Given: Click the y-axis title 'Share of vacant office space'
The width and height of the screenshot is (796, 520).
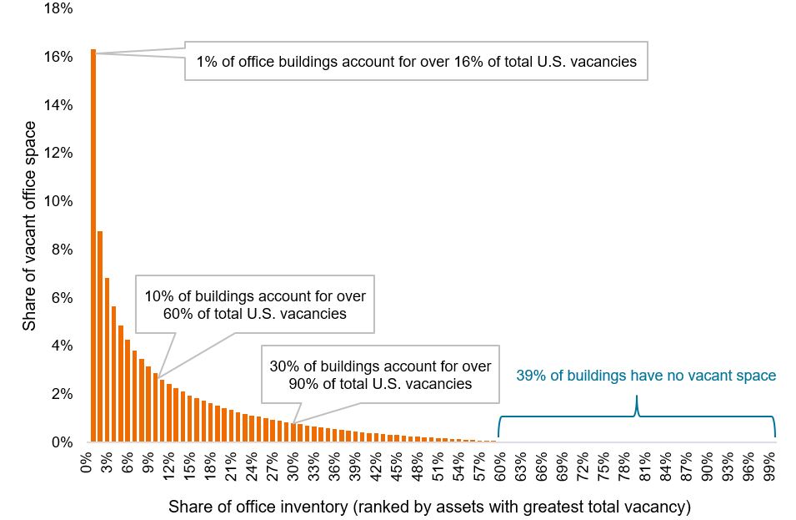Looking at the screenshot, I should tap(30, 225).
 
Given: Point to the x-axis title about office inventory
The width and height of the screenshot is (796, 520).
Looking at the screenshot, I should tap(429, 507).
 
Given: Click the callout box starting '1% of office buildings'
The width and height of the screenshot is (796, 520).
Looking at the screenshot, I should tap(416, 61).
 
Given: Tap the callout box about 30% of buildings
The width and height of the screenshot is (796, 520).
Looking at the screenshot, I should tap(380, 375).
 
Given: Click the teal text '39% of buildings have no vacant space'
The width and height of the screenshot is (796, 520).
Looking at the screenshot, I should tap(646, 376).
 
